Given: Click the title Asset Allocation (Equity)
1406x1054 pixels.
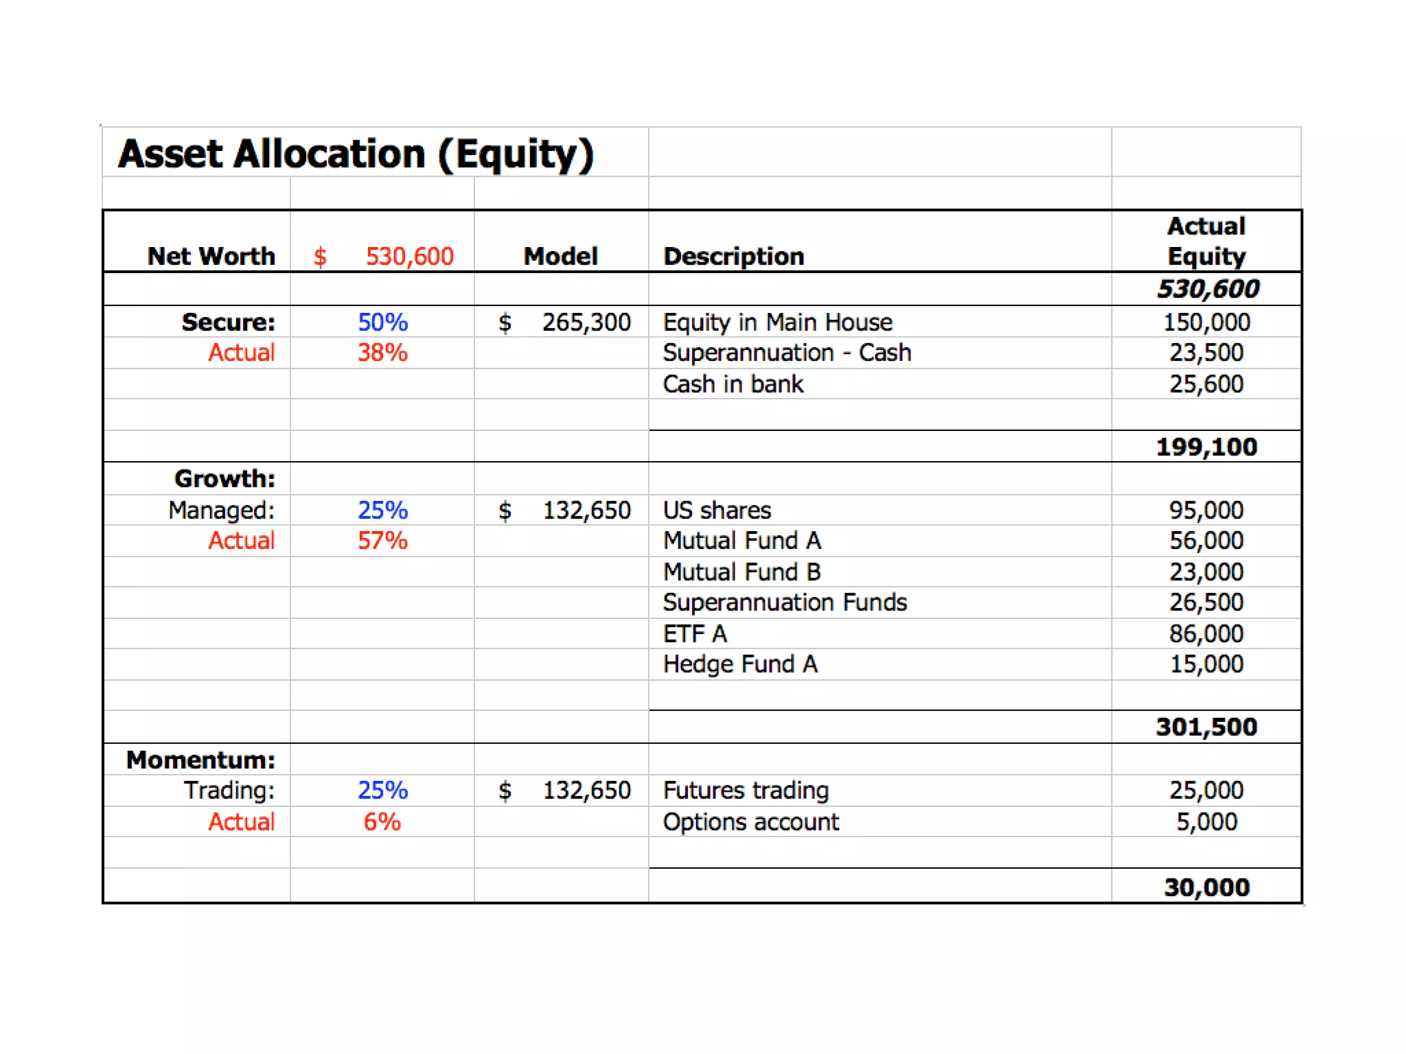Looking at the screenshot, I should [x=356, y=154].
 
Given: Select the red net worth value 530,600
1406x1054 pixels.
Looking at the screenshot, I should [x=409, y=257].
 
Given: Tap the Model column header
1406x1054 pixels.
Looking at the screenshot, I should [x=560, y=257].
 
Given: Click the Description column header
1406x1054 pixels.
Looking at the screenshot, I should [x=733, y=257].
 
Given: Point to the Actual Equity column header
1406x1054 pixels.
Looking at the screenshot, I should [x=1206, y=241].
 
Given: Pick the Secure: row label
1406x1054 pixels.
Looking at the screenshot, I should [x=228, y=323].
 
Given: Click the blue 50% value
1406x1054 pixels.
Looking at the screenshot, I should [x=382, y=323].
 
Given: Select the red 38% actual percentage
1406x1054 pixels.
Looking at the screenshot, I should [x=382, y=353].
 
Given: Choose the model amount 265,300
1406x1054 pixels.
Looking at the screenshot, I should [x=586, y=323].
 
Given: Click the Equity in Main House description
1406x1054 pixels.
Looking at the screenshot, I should [x=777, y=323].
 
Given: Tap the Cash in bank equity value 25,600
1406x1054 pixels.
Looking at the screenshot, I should [x=1206, y=384].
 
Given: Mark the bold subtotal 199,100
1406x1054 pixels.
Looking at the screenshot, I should [x=1206, y=447].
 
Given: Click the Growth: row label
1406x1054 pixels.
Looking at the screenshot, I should [x=224, y=479].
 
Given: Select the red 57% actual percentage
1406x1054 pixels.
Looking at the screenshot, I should [x=382, y=541].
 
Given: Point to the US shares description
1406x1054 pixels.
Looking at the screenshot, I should [x=717, y=511].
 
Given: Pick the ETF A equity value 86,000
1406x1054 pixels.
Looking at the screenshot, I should [x=1206, y=634].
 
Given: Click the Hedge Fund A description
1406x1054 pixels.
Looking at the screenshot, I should [x=740, y=664].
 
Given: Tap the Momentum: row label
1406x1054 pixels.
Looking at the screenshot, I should [x=200, y=760].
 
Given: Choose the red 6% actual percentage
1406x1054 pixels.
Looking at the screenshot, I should [x=382, y=822].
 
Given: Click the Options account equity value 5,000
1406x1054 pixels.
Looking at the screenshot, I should [x=1206, y=822].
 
